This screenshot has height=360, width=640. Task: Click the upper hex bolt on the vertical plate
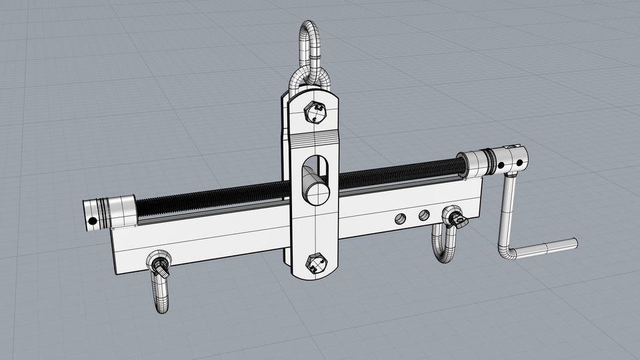[x=317, y=113]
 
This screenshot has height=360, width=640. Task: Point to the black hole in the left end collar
[x=93, y=221]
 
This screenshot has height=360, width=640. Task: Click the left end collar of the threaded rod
[x=111, y=211]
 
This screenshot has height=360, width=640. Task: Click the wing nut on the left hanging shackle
[x=160, y=267]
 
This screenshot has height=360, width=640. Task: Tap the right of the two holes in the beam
[x=423, y=215]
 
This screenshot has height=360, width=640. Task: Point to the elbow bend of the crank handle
[x=506, y=253]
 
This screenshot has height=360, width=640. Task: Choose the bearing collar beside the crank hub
[x=478, y=163]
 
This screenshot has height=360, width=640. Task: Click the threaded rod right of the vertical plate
[x=400, y=174]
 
